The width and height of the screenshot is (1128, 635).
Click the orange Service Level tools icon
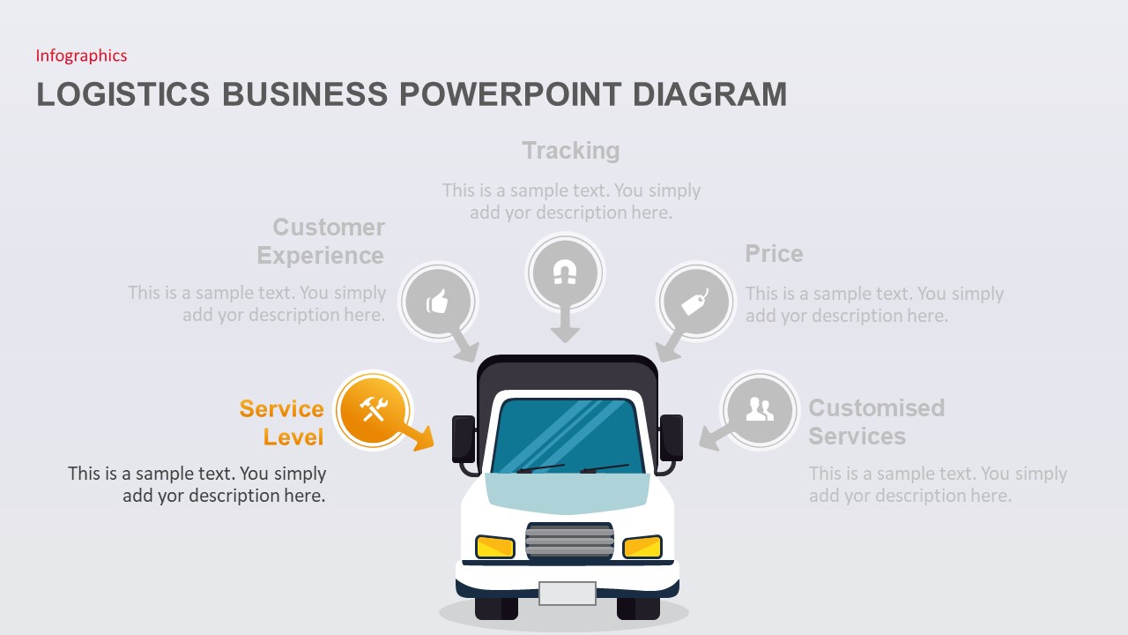coord(373,409)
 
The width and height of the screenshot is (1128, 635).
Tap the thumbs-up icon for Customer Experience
coord(438,303)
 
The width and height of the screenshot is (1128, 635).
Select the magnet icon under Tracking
coord(565,273)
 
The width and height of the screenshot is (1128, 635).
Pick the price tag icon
coord(694,303)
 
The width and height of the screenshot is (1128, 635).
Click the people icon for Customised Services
coord(759,409)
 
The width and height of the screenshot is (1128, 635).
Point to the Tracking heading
coord(571,151)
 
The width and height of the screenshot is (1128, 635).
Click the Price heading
coord(774,254)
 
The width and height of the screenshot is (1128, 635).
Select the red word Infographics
coord(81,56)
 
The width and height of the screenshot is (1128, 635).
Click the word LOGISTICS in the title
coord(123,94)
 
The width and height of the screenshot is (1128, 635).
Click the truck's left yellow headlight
coord(495,547)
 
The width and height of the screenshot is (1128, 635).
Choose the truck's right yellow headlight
coord(642,547)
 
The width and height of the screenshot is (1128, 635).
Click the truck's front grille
coord(569,541)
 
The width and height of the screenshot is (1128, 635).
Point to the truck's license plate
coord(568,594)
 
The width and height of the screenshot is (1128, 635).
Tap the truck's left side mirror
coord(464,438)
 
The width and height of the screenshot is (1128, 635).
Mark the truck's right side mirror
coord(672,437)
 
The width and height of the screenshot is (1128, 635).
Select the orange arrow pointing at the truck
coord(416,433)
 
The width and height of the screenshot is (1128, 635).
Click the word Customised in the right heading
coord(876,408)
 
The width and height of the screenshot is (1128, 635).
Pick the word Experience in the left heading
coord(320,256)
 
